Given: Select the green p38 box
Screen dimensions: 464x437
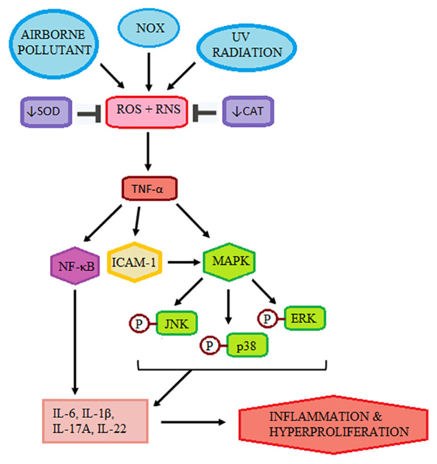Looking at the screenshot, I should [x=242, y=345].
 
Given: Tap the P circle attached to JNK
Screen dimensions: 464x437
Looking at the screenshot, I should [x=138, y=322].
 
